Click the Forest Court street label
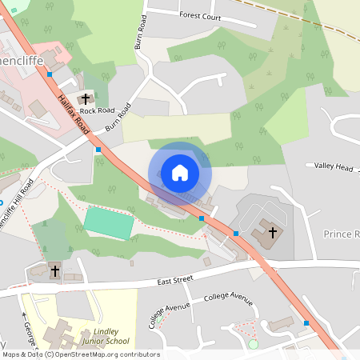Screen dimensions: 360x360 pos(200,14)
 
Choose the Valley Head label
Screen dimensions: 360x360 pos(334,166)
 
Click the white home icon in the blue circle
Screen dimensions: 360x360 pos(179,173)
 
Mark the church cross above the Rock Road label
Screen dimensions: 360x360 pos(86,98)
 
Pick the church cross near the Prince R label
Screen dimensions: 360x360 pos(272,232)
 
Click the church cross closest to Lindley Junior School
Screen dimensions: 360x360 pos(54,271)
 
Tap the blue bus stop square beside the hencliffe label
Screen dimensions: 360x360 pos(50,74)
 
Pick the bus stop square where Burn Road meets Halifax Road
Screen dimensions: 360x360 pos(98,149)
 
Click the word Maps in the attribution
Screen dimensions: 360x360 pos(11,354)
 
